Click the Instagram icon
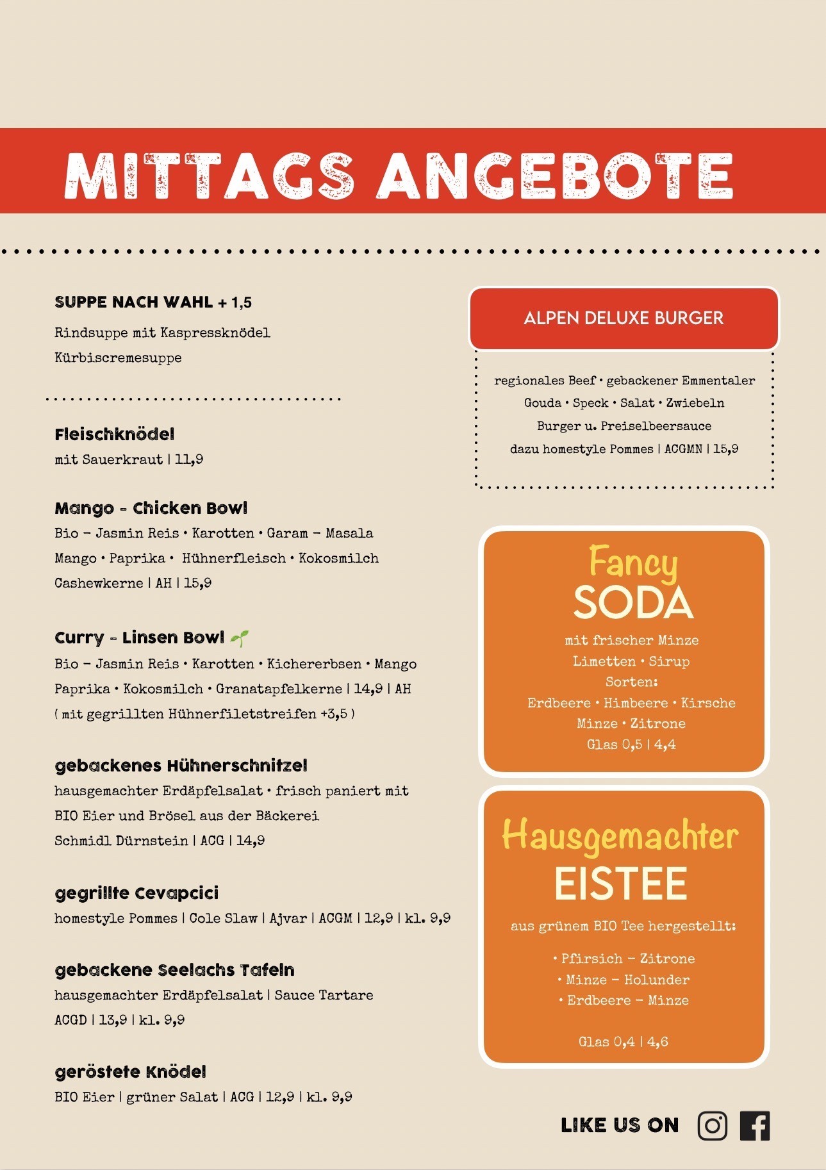(712, 1126)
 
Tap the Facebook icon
(755, 1126)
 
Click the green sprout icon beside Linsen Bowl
(240, 638)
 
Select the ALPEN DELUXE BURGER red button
(624, 318)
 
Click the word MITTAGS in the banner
(209, 176)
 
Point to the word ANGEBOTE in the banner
(555, 176)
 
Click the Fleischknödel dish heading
(115, 434)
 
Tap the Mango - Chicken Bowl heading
(151, 508)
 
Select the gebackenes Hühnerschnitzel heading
(181, 766)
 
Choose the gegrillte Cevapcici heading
(137, 893)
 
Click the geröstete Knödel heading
(131, 1072)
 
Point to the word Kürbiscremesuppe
(119, 358)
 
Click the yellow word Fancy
(632, 563)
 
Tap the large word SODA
(633, 602)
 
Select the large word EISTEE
(621, 884)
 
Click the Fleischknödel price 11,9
(189, 459)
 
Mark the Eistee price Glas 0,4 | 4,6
(623, 1042)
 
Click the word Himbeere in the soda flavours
(636, 703)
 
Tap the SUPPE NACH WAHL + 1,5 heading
(153, 302)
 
